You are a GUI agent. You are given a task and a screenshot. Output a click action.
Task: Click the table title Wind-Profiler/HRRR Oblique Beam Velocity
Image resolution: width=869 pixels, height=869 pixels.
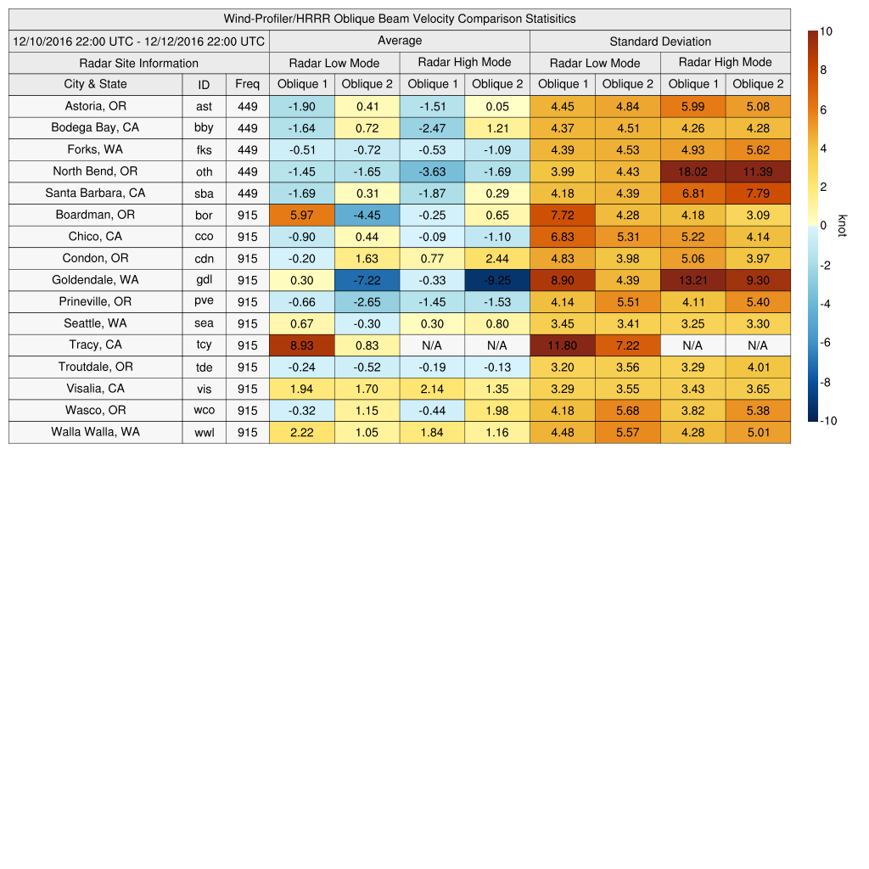coord(400,19)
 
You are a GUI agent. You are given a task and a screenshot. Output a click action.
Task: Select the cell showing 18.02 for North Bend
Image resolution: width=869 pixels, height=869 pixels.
coord(692,171)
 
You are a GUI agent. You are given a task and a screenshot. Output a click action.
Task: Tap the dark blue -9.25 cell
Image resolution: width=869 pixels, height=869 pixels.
coord(496,280)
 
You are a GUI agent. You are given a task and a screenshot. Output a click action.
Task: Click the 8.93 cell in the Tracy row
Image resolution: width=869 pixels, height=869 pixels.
coord(301,345)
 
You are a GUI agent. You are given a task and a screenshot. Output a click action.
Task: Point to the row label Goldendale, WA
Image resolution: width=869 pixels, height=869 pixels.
coord(95,280)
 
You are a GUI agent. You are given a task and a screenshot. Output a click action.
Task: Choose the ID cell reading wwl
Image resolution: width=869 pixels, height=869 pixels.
coord(204,433)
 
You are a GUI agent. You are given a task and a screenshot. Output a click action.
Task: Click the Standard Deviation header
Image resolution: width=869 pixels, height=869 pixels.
coord(660,42)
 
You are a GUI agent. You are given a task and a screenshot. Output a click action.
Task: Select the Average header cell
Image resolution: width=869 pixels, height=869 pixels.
coord(399,41)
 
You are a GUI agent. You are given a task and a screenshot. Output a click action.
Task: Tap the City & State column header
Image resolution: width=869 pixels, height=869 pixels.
coord(95,84)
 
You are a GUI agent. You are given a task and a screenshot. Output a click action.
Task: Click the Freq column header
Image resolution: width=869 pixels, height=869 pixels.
coord(247,84)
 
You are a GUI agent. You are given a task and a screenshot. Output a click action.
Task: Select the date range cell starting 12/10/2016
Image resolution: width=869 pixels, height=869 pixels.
coord(139,41)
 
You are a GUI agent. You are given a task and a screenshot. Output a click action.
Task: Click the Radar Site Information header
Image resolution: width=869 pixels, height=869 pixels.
coord(138,63)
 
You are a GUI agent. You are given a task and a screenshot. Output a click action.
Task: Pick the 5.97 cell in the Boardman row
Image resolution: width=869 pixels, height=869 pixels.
coord(301,215)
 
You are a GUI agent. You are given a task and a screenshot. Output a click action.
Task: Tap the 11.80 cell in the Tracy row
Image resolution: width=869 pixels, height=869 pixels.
coord(562,345)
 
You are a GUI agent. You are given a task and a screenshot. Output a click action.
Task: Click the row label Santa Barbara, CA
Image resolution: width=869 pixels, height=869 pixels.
coord(95,193)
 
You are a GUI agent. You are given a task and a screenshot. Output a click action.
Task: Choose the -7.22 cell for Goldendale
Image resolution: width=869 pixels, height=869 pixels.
coord(367,280)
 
